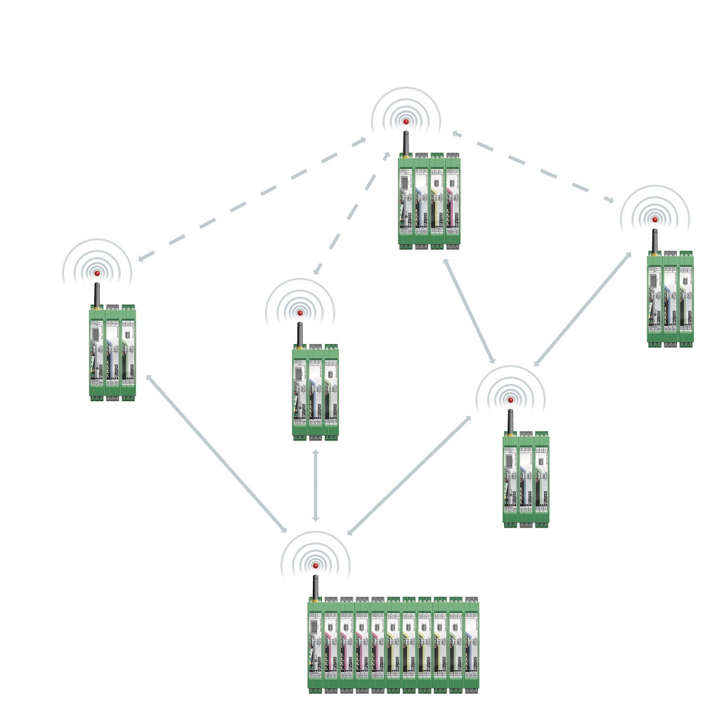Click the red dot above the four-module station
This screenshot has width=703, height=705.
tap(406, 122)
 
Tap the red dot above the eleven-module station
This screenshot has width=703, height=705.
tap(316, 566)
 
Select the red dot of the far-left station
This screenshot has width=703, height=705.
tap(97, 273)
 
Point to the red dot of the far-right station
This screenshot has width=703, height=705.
tap(654, 220)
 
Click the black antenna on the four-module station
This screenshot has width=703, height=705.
tap(406, 142)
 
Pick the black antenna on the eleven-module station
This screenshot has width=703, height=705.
tap(316, 587)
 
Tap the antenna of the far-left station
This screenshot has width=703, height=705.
tap(97, 294)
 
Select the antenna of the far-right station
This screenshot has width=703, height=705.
tap(654, 241)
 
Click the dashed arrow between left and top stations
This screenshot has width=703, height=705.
tap(252, 199)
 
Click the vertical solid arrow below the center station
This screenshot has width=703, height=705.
tap(316, 485)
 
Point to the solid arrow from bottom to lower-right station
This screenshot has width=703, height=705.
tap(409, 475)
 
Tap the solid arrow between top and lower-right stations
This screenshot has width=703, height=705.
tap(469, 311)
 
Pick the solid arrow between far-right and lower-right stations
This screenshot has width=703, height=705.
tap(583, 309)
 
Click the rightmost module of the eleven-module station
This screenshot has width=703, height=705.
tap(471, 644)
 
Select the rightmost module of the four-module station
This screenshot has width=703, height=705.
tap(453, 201)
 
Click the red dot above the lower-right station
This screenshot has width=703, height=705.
tap(510, 400)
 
